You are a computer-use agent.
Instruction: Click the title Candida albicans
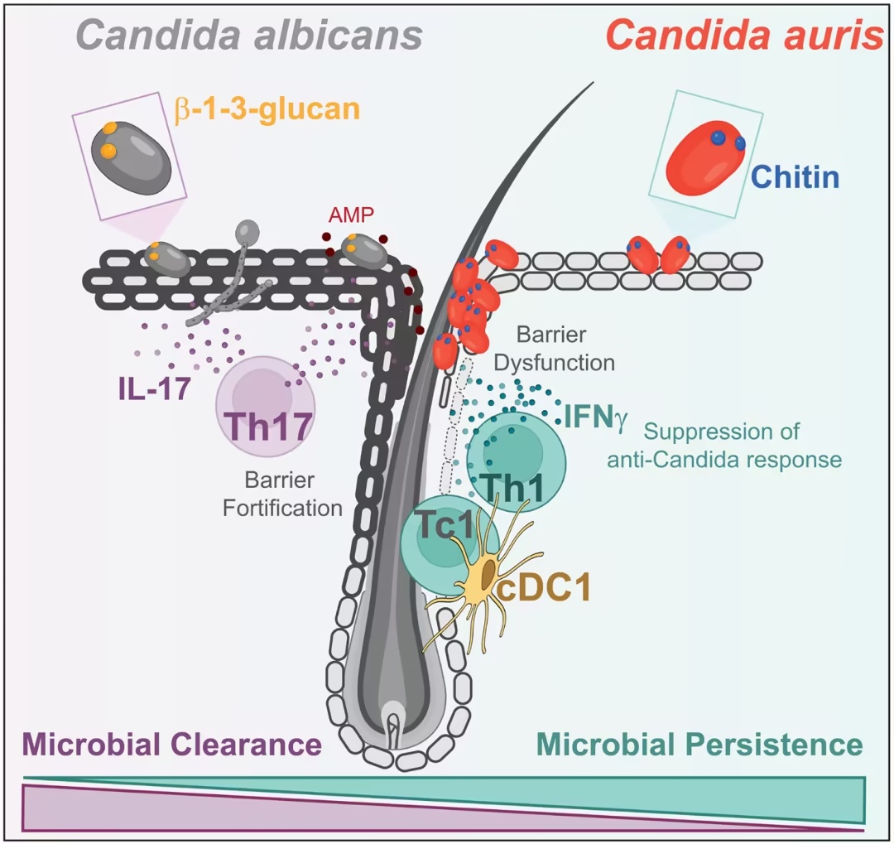click(249, 36)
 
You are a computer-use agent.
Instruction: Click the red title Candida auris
click(745, 36)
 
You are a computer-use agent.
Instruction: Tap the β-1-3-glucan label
click(267, 109)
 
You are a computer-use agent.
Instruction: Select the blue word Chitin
click(795, 177)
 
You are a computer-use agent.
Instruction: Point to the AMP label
click(351, 215)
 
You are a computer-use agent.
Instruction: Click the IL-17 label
click(154, 388)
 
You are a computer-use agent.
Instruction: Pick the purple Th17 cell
click(265, 407)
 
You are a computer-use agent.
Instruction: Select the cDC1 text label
click(543, 588)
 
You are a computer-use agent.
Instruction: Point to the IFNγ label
click(596, 417)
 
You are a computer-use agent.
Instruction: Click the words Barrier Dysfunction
click(554, 348)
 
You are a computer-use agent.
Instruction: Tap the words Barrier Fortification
click(282, 494)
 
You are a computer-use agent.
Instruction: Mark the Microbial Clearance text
click(171, 745)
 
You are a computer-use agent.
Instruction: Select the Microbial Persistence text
click(699, 745)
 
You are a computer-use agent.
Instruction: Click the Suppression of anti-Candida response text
click(724, 446)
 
